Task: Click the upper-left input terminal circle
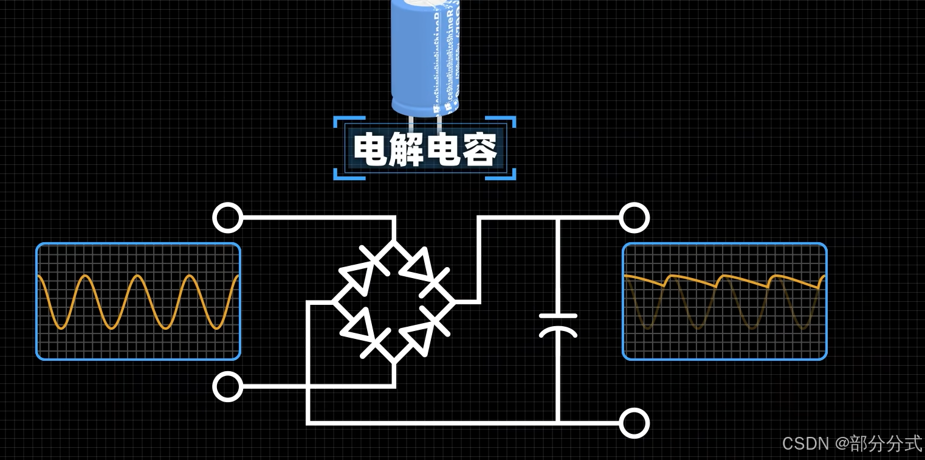click(x=228, y=217)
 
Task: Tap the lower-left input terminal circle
click(x=228, y=386)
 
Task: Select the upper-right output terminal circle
click(x=634, y=217)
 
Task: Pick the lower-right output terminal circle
click(x=634, y=423)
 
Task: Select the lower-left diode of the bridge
click(x=362, y=332)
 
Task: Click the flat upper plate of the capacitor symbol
click(x=558, y=316)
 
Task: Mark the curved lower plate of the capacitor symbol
click(x=558, y=332)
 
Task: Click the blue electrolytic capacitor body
click(x=424, y=58)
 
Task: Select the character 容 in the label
click(x=480, y=150)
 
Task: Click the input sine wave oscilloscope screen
click(x=139, y=302)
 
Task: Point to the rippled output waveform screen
click(x=724, y=302)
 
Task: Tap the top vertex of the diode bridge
click(x=394, y=242)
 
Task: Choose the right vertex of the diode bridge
click(x=454, y=302)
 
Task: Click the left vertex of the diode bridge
click(x=334, y=302)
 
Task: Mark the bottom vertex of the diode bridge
click(x=394, y=362)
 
